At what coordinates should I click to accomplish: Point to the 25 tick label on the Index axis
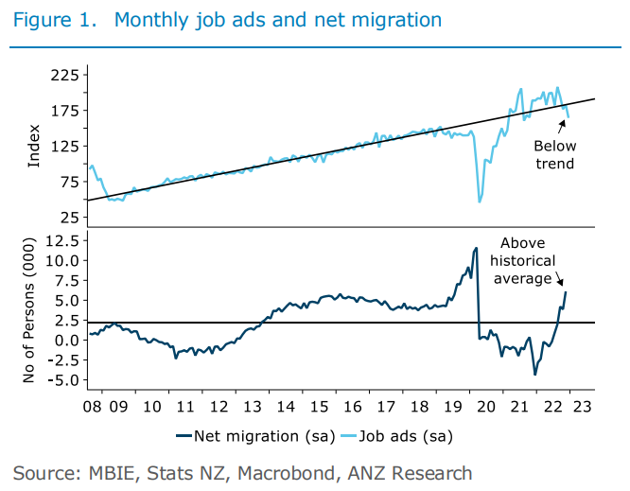pos(69,218)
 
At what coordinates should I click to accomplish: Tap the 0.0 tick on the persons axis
pos(63,342)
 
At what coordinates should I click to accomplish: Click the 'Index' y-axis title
pos(34,147)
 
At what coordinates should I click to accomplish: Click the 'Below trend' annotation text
pos(552,154)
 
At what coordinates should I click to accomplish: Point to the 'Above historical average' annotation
pos(527,260)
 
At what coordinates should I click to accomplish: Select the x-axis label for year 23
pos(583,406)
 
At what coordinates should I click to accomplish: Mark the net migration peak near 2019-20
pos(476,248)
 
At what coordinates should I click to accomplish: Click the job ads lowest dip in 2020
pos(480,202)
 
